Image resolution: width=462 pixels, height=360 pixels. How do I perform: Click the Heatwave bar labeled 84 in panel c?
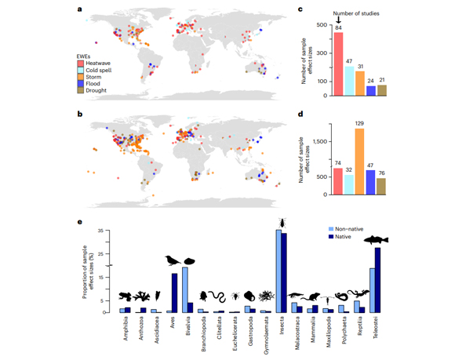coord(338,64)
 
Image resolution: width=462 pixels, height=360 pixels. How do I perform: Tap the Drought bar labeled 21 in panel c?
coord(381,90)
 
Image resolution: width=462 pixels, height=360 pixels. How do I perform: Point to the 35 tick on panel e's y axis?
coord(111,231)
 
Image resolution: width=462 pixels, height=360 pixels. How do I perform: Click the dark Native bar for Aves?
coord(174,293)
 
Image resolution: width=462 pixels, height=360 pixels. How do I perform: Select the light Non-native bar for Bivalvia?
coord(185,290)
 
